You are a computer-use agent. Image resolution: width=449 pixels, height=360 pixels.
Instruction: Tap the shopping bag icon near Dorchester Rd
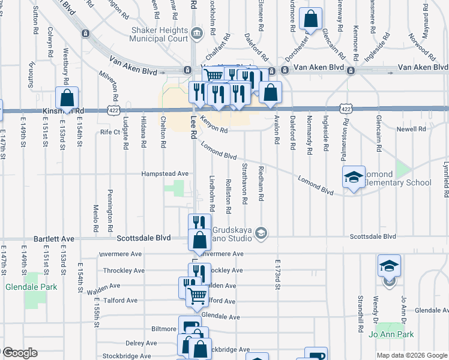pos(311,19)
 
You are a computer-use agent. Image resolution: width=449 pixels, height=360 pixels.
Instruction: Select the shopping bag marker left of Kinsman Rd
pos(67,97)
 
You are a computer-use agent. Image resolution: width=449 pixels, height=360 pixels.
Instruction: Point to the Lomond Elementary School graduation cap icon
pos(354,176)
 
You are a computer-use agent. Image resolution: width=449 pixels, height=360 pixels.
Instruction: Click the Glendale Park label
pos(31,287)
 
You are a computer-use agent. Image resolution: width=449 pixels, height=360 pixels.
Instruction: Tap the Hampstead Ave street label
pos(165,173)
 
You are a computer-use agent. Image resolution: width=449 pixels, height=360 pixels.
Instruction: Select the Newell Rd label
pos(411,129)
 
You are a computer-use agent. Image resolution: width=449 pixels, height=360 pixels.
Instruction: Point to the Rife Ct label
pos(110,131)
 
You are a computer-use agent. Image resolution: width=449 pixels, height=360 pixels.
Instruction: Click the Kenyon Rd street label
pos(214,125)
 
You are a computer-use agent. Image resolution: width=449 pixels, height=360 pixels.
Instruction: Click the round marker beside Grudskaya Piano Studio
pos(261,232)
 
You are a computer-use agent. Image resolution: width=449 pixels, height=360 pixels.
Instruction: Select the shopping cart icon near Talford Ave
pos(196,295)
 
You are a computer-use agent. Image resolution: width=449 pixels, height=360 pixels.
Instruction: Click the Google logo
pos(20,353)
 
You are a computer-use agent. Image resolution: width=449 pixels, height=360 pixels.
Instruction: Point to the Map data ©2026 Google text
pos(411,355)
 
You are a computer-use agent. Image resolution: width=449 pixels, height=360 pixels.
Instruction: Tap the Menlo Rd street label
pos(95,219)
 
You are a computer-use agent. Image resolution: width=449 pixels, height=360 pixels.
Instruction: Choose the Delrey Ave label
pos(142,343)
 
